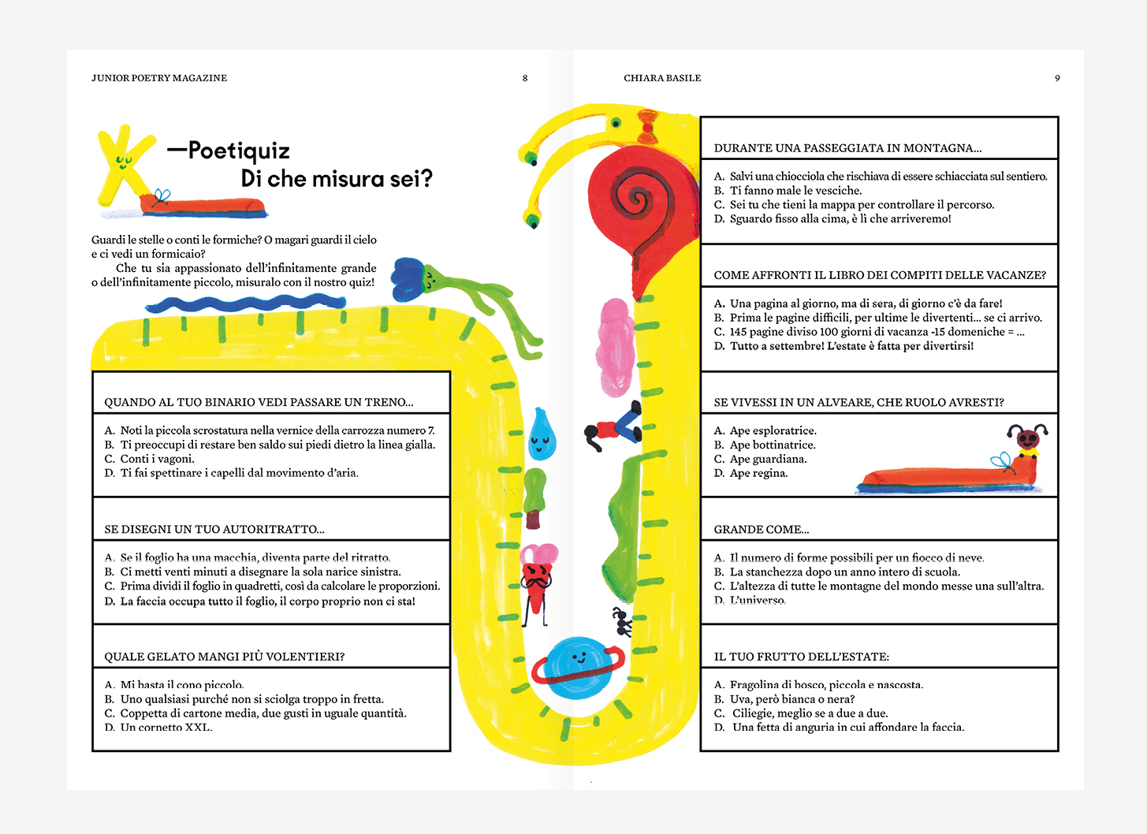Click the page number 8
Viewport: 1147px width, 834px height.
(x=525, y=78)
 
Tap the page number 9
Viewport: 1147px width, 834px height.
(x=1057, y=78)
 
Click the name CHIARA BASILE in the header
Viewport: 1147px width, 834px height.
(x=662, y=78)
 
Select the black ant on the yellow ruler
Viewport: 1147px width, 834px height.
(x=623, y=621)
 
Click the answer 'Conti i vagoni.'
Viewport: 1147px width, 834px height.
(x=150, y=459)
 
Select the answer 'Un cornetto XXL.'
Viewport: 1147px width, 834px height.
(x=158, y=727)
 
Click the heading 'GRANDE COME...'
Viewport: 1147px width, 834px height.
(x=762, y=530)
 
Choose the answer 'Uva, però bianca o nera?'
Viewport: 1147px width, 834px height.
(x=784, y=699)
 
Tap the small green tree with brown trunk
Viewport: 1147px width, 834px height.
(x=534, y=497)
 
